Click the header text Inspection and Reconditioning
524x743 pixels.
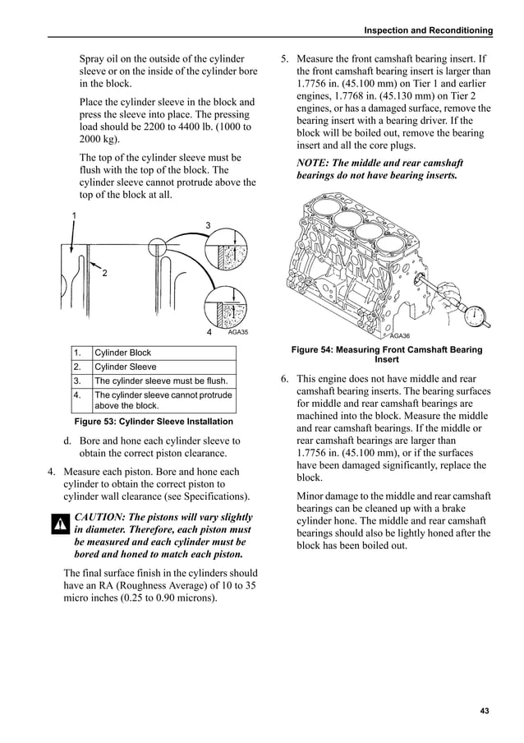427,30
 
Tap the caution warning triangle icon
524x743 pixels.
59,524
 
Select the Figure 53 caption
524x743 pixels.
154,422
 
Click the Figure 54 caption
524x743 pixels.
387,355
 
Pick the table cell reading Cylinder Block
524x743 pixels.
123,353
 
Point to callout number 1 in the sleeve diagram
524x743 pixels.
73,215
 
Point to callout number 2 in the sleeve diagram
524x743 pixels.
105,273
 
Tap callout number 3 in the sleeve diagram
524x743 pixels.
208,225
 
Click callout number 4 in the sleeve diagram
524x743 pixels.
209,332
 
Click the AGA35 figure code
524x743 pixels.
237,332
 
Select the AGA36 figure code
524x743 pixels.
400,335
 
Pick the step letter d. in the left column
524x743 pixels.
67,441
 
